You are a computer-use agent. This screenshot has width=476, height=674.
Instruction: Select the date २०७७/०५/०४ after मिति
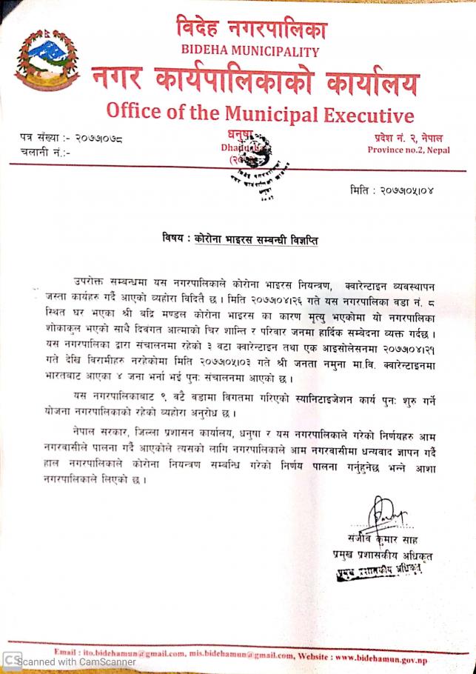click(414, 190)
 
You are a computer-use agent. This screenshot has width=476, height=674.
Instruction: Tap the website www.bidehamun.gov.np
click(381, 656)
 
